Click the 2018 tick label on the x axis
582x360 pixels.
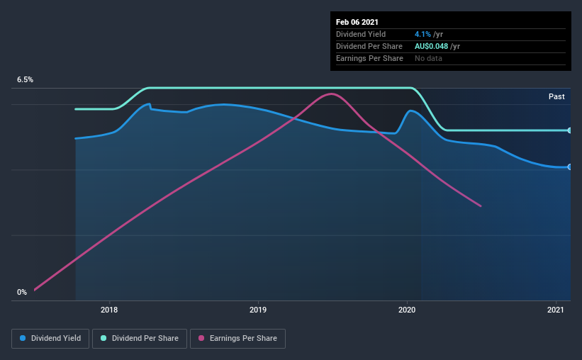coord(109,310)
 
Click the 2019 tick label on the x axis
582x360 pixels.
coord(258,310)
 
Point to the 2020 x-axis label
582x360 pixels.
coord(407,310)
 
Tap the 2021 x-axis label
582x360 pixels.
coord(556,310)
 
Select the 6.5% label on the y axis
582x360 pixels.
coord(26,80)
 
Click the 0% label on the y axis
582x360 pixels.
coord(22,292)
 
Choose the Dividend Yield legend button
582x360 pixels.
coord(50,339)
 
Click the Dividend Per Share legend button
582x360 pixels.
coord(140,339)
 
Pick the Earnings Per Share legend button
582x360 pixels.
coord(237,339)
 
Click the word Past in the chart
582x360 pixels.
coord(556,96)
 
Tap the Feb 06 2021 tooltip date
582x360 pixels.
coord(357,21)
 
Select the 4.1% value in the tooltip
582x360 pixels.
coord(421,34)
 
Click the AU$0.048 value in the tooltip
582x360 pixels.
coord(432,46)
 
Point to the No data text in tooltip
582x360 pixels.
coord(427,58)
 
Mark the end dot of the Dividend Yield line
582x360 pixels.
coord(570,167)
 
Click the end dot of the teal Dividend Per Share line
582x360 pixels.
coord(570,130)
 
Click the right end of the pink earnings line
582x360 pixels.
coord(481,206)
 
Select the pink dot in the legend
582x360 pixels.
coord(201,339)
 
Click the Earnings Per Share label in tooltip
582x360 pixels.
coord(369,58)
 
